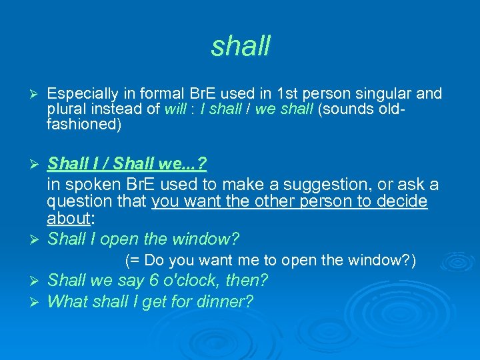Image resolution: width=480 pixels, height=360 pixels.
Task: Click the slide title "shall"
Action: pyautogui.click(x=241, y=46)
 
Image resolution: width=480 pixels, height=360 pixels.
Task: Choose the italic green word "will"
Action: pyautogui.click(x=175, y=109)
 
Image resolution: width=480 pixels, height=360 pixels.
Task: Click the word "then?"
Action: pyautogui.click(x=246, y=281)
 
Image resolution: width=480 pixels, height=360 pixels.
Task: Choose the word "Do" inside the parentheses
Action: pyautogui.click(x=153, y=260)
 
